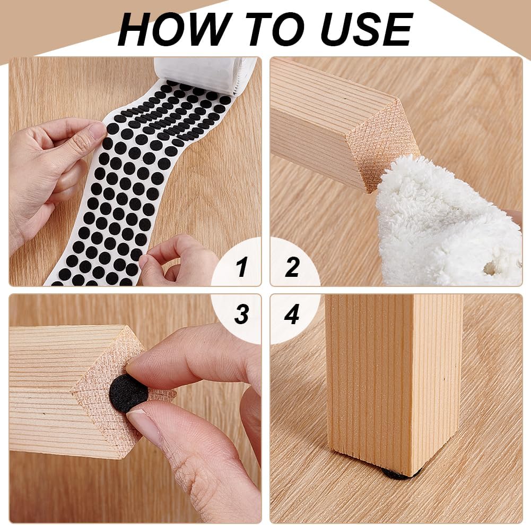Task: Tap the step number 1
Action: (x=242, y=267)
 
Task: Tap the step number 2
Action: (x=292, y=267)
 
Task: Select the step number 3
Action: (x=241, y=315)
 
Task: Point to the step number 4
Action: (x=292, y=315)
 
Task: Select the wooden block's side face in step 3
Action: (x=42, y=388)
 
